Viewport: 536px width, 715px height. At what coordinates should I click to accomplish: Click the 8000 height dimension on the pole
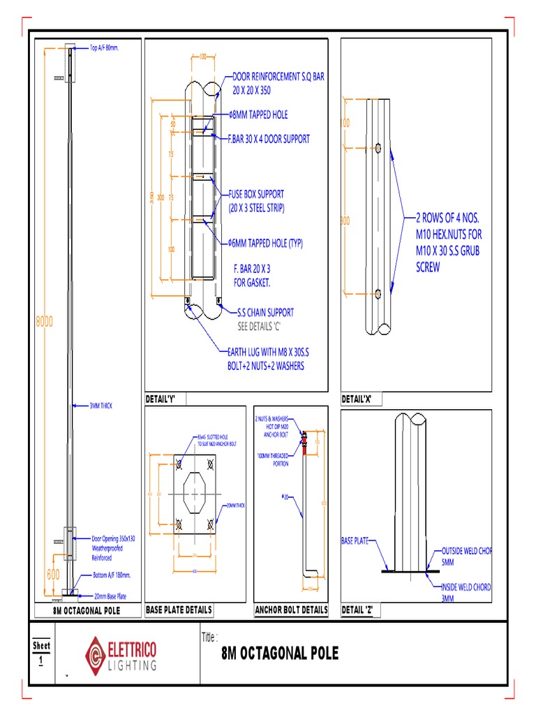point(43,322)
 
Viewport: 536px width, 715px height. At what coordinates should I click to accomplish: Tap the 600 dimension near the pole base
point(53,574)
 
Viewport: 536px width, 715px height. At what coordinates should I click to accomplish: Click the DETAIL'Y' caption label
point(160,399)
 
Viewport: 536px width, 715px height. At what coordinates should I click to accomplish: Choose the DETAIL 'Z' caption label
point(358,610)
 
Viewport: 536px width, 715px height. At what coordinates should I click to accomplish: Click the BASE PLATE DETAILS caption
point(178,610)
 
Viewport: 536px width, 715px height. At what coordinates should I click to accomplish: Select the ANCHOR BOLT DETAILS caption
point(291,610)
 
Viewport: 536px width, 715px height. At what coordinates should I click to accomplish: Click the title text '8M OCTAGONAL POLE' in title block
point(279,654)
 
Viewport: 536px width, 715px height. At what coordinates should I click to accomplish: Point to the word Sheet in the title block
point(41,646)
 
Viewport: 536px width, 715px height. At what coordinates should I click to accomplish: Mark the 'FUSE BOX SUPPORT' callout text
point(256,193)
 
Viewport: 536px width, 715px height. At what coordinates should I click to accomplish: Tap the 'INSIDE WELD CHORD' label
point(465,587)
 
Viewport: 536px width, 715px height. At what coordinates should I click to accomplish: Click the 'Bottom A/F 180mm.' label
point(112,575)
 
